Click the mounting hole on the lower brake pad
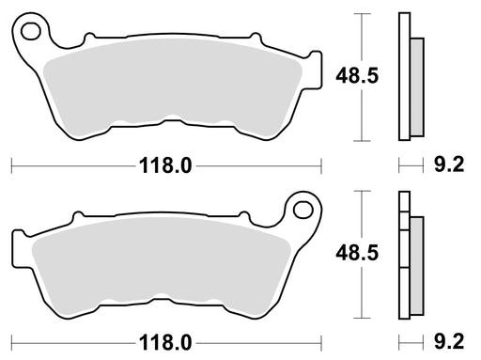click(x=303, y=206)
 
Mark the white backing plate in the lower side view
click(x=405, y=255)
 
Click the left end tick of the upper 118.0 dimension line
click(x=11, y=166)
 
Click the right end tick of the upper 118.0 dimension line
click(x=321, y=166)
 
